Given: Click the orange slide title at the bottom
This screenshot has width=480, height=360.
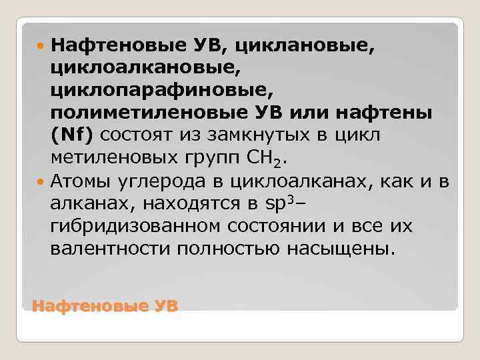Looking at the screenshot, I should click(105, 306).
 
